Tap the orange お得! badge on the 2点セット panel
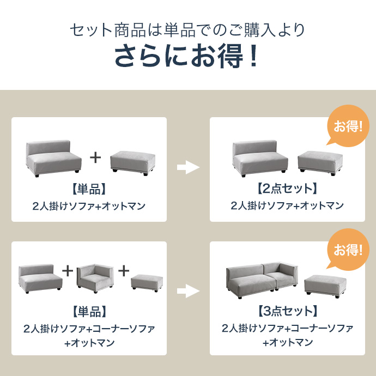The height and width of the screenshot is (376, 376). coord(348,128)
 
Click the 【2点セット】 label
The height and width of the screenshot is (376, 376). coord(287,189)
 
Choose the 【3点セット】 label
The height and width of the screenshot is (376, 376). coord(287,312)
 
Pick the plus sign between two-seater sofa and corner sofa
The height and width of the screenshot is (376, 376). coord(68,270)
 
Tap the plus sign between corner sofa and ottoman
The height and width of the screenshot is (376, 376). coord(124,270)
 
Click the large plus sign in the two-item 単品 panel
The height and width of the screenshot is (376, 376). coord(95,158)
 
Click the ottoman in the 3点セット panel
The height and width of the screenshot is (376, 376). coord(325,286)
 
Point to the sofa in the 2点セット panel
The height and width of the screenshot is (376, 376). coord(260,156)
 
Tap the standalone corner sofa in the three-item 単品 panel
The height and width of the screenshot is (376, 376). coord(94,278)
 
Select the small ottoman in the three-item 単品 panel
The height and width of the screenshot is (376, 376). coord(147,282)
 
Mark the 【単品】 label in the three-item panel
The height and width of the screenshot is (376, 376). coord(89,312)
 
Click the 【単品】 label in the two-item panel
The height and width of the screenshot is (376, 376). coord(89,189)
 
